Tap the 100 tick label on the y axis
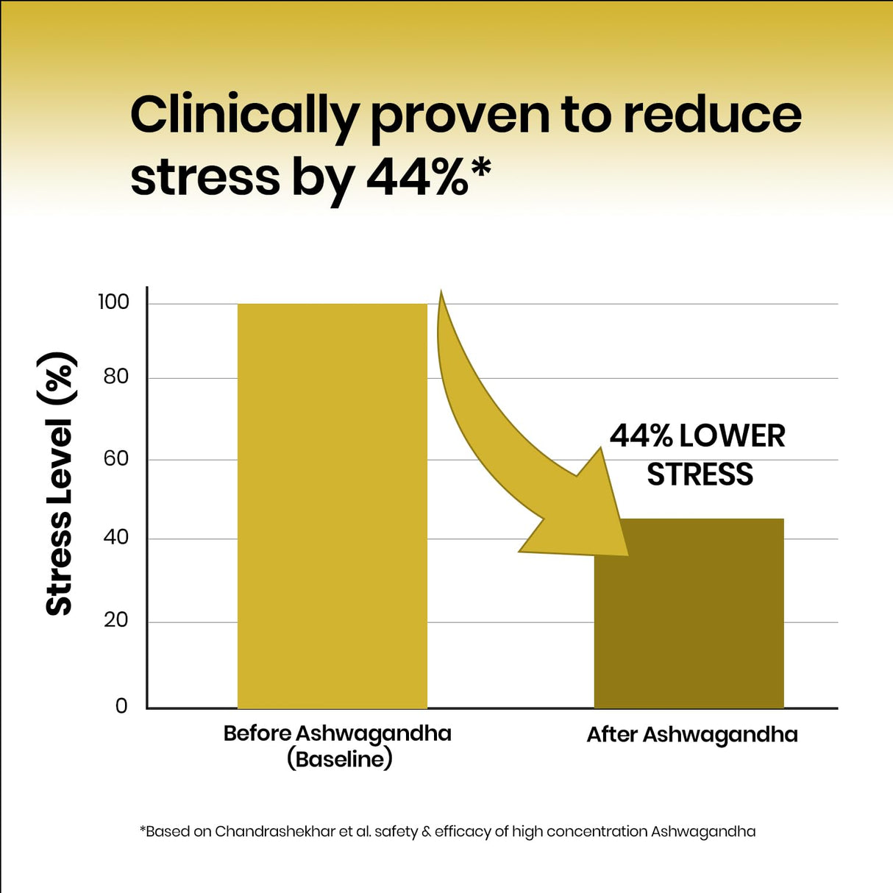[113, 302]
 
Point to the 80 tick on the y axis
[115, 377]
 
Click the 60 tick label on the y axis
[115, 458]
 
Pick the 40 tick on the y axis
[115, 537]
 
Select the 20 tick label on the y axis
[115, 620]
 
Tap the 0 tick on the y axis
[121, 706]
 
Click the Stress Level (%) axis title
[59, 483]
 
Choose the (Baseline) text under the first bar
[339, 759]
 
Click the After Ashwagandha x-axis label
[692, 735]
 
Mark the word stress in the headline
[205, 177]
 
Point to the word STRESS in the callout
[700, 475]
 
